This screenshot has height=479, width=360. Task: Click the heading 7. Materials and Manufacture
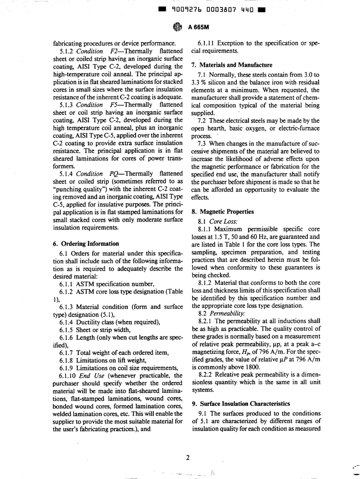(x=230, y=65)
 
